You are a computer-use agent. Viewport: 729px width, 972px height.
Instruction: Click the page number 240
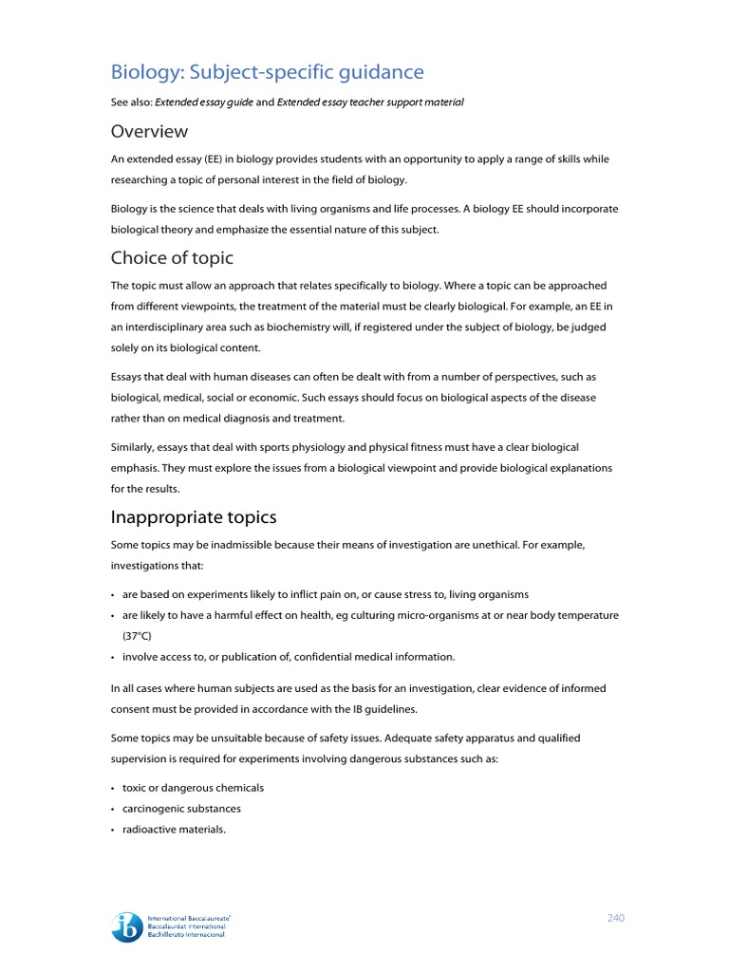616,918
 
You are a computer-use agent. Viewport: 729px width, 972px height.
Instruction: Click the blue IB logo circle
127,927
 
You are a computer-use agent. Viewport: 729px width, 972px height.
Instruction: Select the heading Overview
149,131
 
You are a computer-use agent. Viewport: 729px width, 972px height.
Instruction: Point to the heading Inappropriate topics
194,517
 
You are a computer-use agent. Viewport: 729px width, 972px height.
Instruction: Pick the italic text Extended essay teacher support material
370,103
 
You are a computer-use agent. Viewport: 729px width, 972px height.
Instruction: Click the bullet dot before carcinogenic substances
113,810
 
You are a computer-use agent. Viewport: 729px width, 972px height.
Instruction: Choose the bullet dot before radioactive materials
113,831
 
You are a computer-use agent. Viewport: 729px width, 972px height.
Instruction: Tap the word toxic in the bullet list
135,788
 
